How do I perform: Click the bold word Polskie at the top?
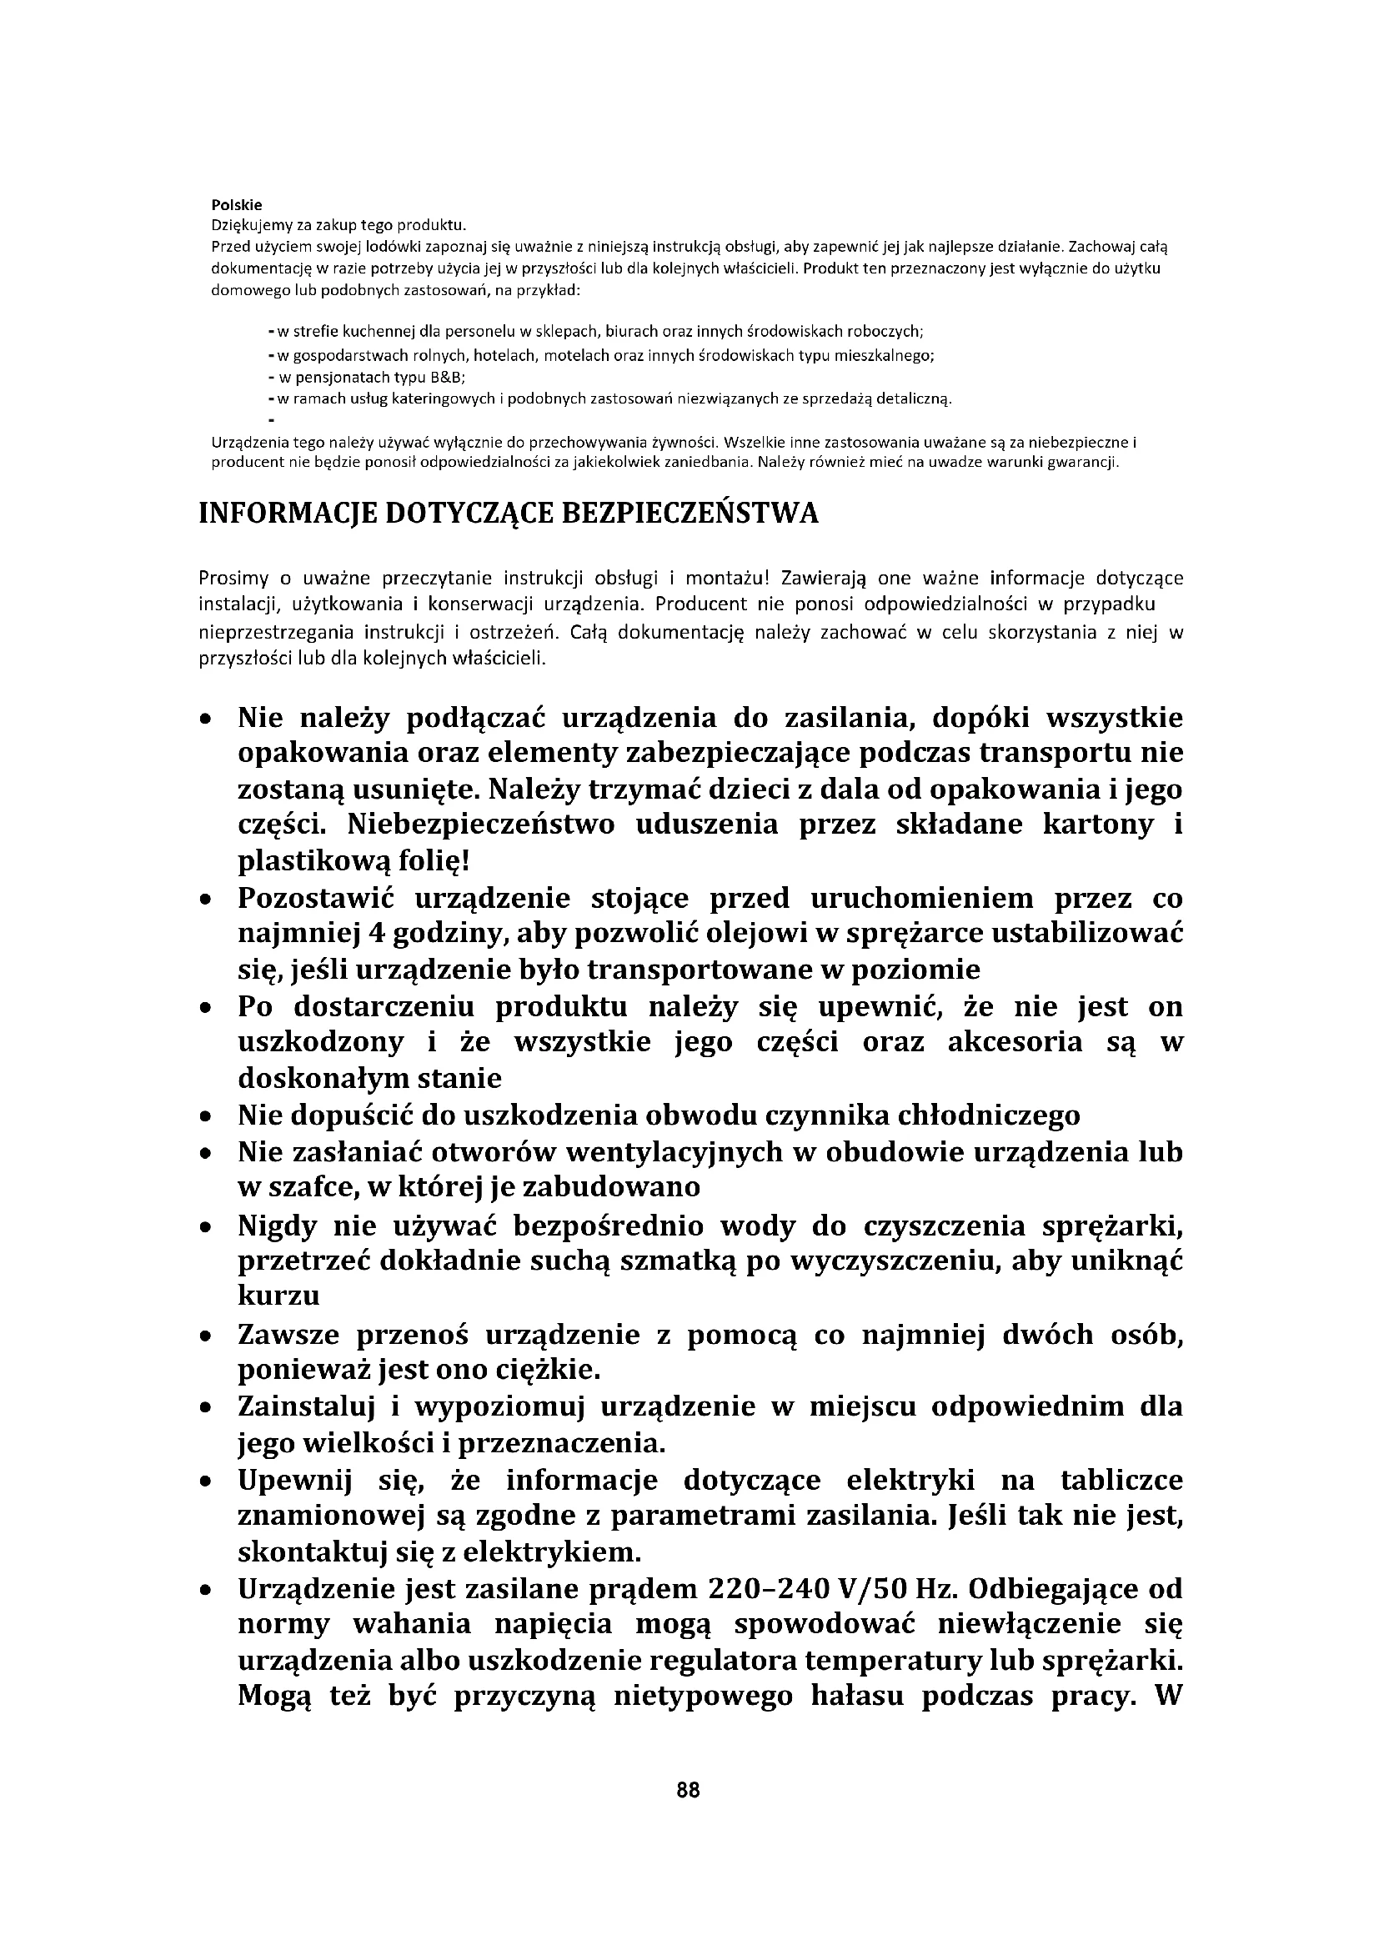[x=236, y=205]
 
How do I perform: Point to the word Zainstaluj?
[x=306, y=1406]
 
